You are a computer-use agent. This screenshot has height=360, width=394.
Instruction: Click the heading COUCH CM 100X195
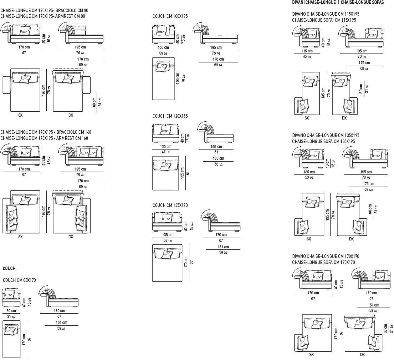[x=170, y=16]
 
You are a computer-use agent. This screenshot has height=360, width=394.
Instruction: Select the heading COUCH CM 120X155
[x=170, y=116]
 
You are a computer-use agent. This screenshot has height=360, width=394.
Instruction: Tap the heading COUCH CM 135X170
[x=170, y=205]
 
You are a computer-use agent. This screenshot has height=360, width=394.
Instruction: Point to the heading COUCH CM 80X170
[x=19, y=280]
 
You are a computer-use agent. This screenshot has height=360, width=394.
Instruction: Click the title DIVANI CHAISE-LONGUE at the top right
[x=313, y=2]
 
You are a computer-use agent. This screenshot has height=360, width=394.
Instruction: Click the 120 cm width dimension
[x=165, y=147]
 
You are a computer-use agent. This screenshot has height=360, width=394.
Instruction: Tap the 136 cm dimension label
[x=218, y=158]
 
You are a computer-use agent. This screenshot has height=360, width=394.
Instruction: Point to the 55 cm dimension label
[x=385, y=329]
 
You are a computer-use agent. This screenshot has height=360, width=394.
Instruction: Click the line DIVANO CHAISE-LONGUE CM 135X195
[x=326, y=136]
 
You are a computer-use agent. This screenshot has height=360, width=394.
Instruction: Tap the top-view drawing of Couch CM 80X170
[x=13, y=339]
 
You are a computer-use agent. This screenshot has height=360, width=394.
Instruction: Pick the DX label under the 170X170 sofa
[x=362, y=355]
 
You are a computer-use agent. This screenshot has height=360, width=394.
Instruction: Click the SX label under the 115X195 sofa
[x=307, y=118]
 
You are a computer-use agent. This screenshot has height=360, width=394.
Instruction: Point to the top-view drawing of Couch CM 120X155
[x=165, y=173]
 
